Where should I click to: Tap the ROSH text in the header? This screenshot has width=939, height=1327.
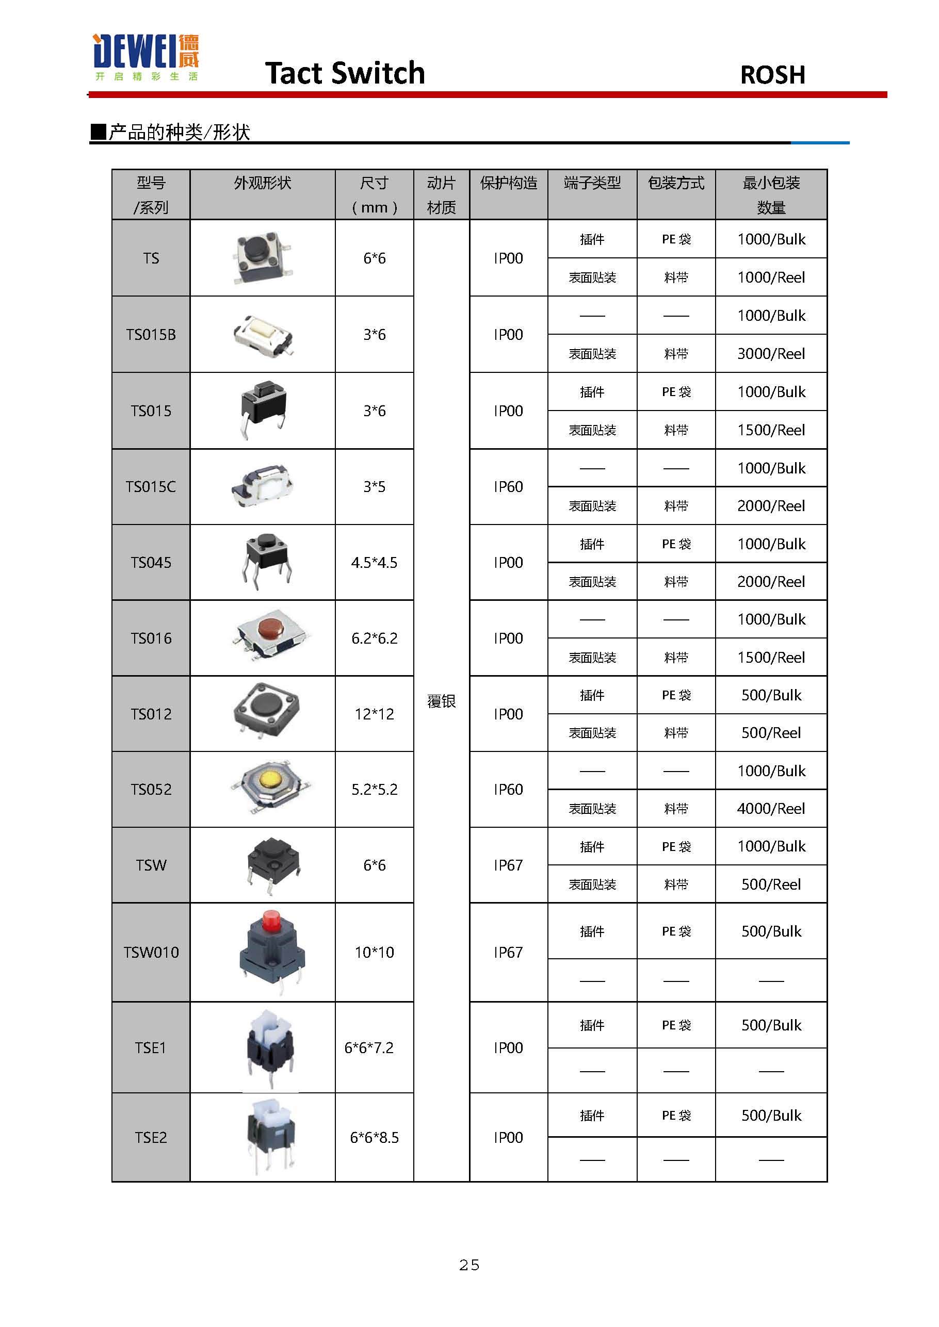pyautogui.click(x=772, y=75)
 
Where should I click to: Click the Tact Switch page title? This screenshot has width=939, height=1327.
pyautogui.click(x=345, y=73)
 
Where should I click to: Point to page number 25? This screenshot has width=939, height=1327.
pyautogui.click(x=469, y=1265)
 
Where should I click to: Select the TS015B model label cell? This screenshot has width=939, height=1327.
pyautogui.click(x=151, y=335)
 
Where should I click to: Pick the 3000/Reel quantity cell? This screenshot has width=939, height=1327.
pyautogui.click(x=771, y=354)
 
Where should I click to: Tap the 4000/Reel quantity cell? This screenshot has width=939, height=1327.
pyautogui.click(x=771, y=809)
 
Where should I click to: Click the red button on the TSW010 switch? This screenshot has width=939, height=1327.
pyautogui.click(x=270, y=921)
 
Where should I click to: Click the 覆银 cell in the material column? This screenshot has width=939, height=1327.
pyautogui.click(x=441, y=701)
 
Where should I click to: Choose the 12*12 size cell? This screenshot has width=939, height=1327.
pyautogui.click(x=374, y=714)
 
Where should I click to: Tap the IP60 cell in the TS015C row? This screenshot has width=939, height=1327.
pyautogui.click(x=508, y=487)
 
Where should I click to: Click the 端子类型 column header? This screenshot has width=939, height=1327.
pyautogui.click(x=592, y=183)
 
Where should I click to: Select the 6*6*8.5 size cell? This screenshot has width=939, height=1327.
pyautogui.click(x=374, y=1137)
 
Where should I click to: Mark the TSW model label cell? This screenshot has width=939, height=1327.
pyautogui.click(x=151, y=865)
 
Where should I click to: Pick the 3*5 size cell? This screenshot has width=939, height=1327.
pyautogui.click(x=374, y=487)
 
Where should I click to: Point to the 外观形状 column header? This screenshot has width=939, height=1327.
pyautogui.click(x=262, y=183)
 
